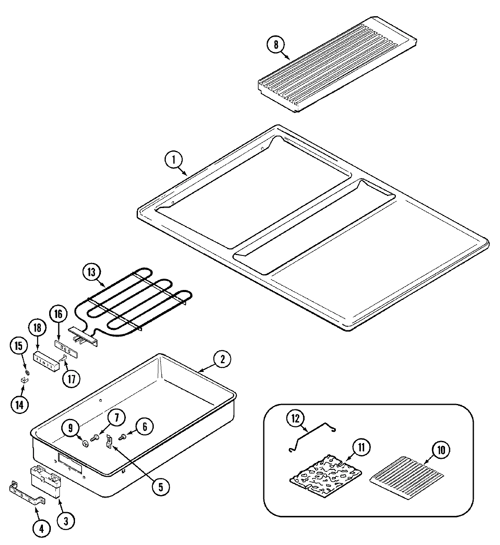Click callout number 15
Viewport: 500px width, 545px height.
point(19,346)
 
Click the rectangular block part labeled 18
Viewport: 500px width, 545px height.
point(45,360)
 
